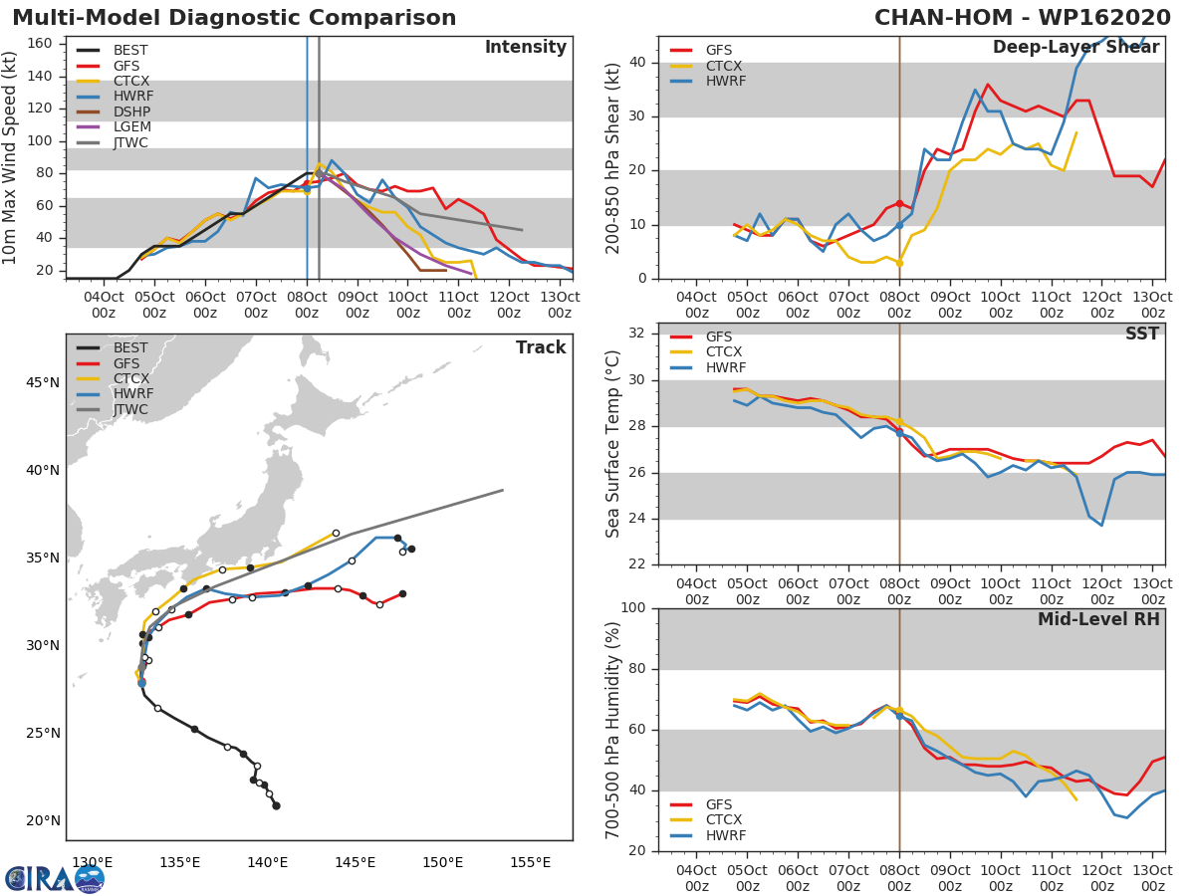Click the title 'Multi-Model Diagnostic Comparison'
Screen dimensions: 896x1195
(x=234, y=18)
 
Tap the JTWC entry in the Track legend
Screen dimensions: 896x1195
(x=130, y=409)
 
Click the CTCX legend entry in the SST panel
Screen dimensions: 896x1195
(x=723, y=351)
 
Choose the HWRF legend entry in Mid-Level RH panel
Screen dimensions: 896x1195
(x=723, y=835)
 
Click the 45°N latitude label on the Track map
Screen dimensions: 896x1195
(x=42, y=383)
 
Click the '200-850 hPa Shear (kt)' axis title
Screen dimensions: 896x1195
(x=613, y=157)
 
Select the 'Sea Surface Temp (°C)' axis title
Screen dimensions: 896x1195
(x=613, y=444)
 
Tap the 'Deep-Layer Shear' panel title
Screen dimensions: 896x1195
(x=1075, y=48)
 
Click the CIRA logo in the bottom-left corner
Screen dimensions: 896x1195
(x=55, y=878)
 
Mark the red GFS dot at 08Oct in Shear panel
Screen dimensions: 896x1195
(x=899, y=203)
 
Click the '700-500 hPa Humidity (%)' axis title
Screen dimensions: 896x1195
(x=613, y=730)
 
